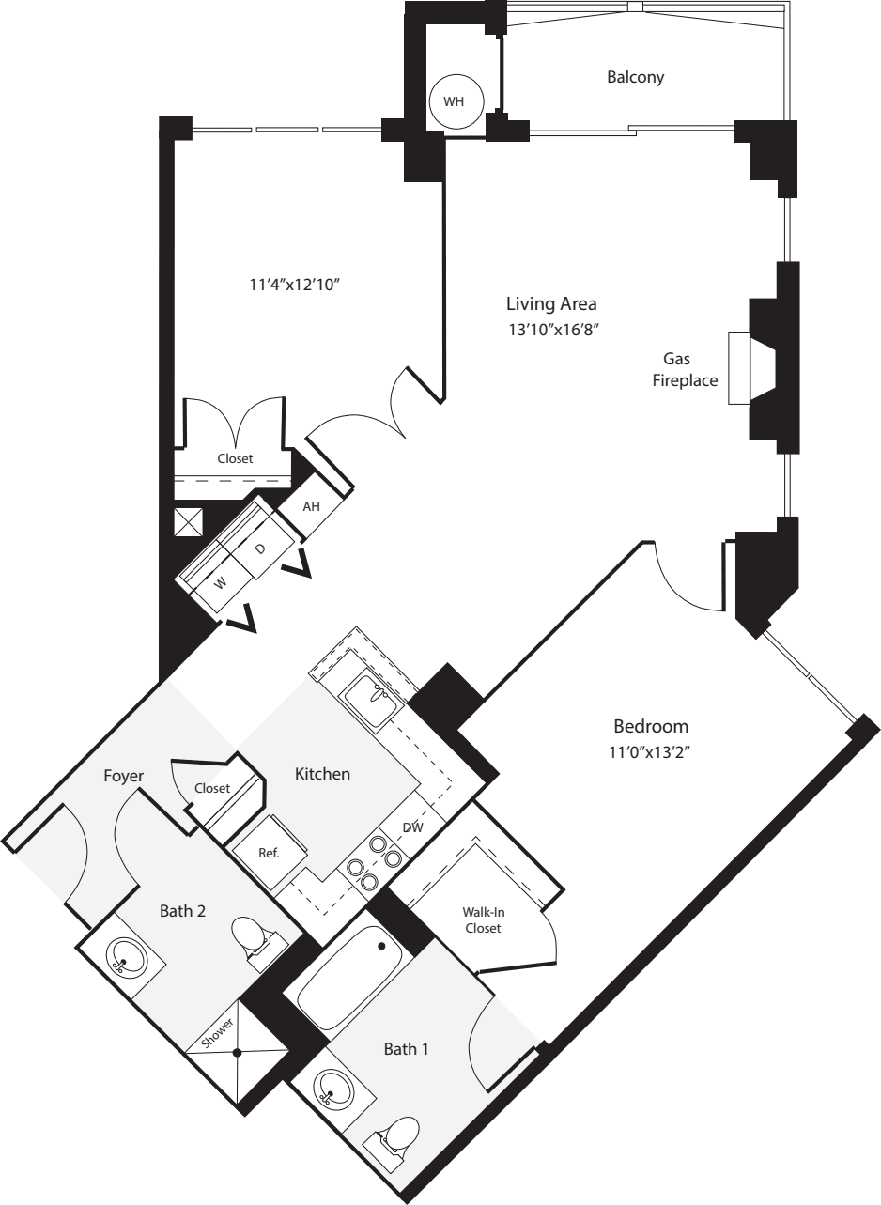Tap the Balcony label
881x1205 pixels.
[x=635, y=77]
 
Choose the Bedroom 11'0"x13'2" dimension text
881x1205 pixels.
[x=651, y=752]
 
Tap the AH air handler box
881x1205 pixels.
[x=312, y=506]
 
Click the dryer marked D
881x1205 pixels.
[x=261, y=548]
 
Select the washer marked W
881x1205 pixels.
[x=221, y=582]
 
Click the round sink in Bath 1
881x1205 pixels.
[x=330, y=1090]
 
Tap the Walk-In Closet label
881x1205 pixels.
[x=481, y=919]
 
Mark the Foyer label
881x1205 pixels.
[x=124, y=776]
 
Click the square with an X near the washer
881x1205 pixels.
[x=189, y=522]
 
